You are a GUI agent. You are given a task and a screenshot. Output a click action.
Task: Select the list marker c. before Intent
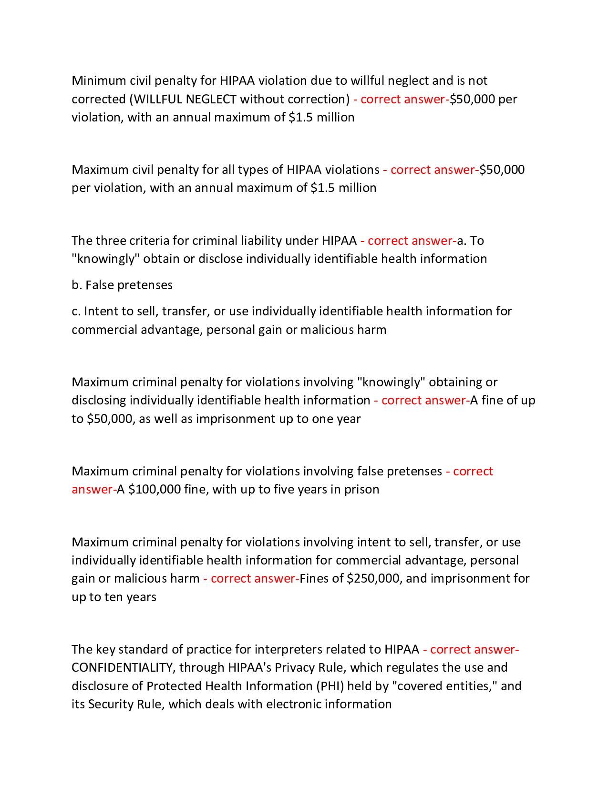coord(76,311)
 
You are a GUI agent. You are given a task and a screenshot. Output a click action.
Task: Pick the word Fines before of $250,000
coord(314,578)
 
